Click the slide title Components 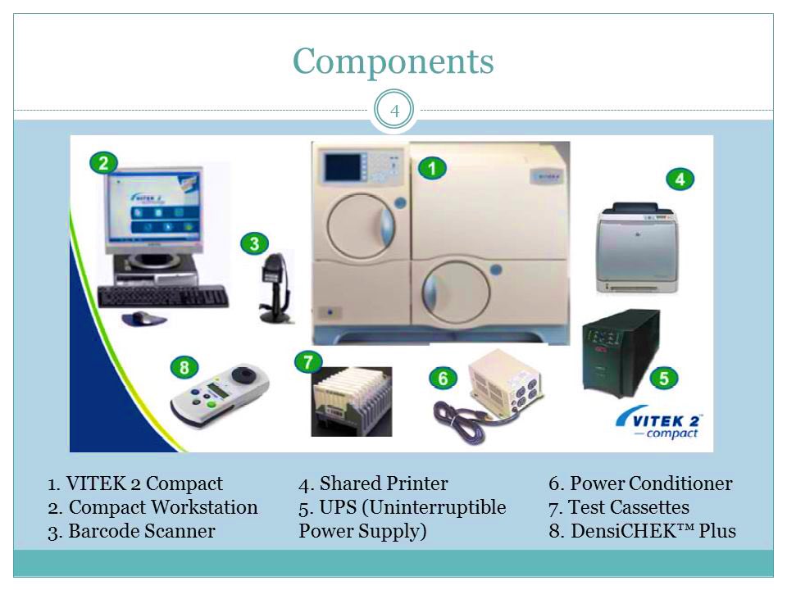[393, 61]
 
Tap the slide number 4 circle [394, 111]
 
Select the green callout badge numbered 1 [432, 169]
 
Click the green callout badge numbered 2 [103, 162]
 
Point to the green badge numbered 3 [254, 243]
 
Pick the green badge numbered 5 [663, 378]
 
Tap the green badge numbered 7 [308, 361]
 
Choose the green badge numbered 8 [184, 367]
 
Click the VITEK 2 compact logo [660, 425]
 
